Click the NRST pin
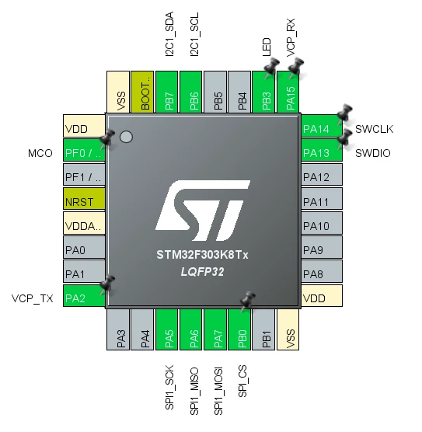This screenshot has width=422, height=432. tap(84, 199)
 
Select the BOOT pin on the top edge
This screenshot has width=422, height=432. tap(142, 92)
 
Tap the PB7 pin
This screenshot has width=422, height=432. tap(166, 92)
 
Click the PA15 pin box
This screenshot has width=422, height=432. tap(288, 92)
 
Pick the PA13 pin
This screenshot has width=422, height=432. tap(322, 150)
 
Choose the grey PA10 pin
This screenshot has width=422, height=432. tap(322, 223)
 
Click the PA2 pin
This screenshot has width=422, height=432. tap(84, 295)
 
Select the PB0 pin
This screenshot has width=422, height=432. tap(239, 329)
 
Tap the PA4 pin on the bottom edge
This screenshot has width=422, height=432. tap(142, 329)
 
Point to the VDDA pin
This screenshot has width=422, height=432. tap(84, 223)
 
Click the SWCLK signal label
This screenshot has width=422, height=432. tap(374, 129)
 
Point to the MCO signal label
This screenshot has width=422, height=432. tap(40, 153)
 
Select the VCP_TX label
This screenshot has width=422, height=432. tap(32, 298)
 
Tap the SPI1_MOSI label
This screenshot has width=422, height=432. tap(218, 391)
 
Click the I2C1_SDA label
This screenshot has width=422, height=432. tap(169, 34)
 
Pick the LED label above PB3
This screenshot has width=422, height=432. tap(267, 47)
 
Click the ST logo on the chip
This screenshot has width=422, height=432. tap(203, 211)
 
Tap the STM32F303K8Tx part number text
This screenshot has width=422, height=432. tap(202, 255)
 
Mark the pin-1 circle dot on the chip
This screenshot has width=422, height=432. tap(126, 137)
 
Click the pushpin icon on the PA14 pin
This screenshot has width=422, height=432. tap(344, 113)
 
